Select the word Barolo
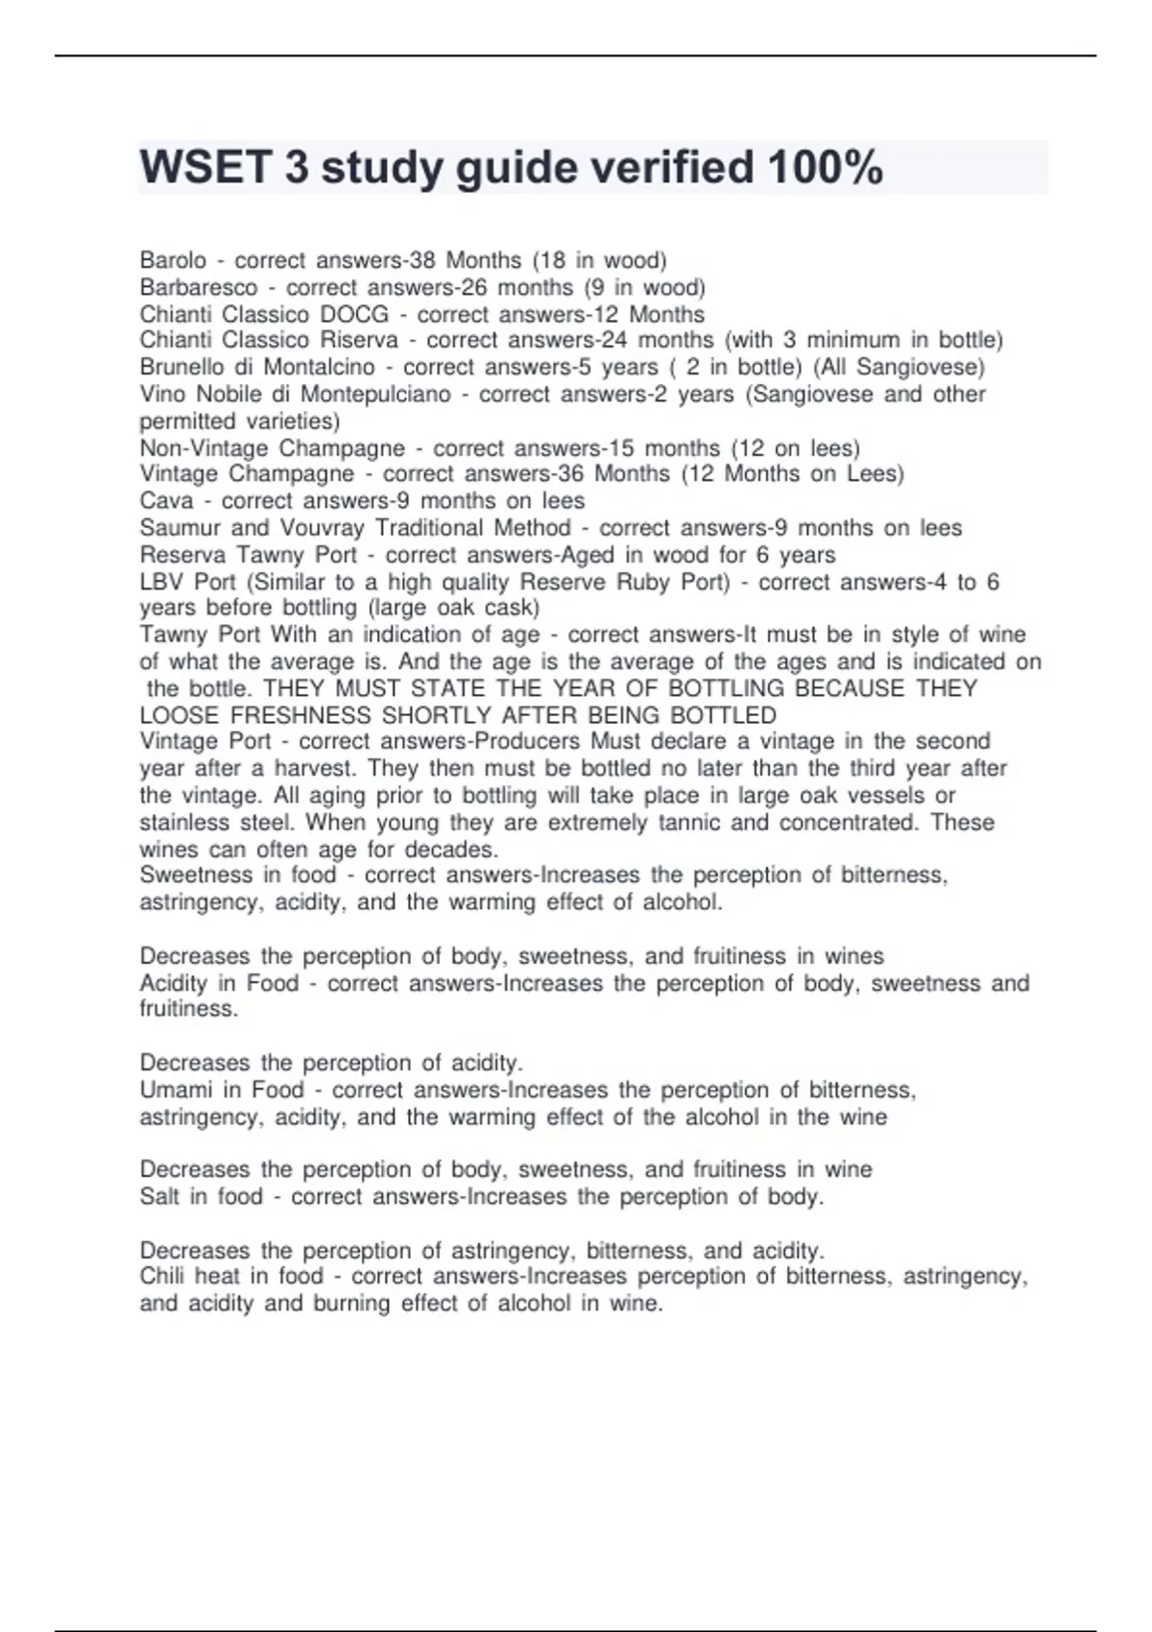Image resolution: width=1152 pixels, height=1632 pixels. (x=173, y=260)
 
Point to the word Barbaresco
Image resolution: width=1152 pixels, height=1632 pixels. (x=199, y=287)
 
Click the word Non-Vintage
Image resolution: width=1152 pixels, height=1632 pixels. (x=204, y=448)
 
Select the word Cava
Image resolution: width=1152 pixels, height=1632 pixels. (x=166, y=500)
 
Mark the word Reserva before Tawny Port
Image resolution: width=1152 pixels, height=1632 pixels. (x=182, y=555)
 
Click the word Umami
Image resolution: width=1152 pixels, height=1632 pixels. (x=176, y=1090)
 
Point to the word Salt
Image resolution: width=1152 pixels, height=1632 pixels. (x=158, y=1196)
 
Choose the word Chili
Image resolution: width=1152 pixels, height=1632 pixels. (x=161, y=1276)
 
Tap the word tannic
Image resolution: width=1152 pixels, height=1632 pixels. (x=690, y=822)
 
